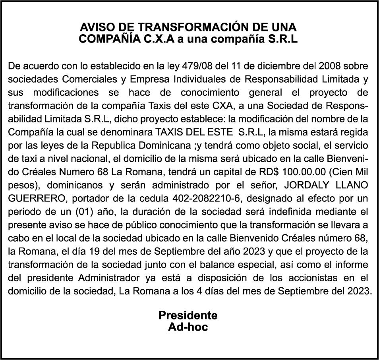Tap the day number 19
(96, 252)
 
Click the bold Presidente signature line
(188, 315)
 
